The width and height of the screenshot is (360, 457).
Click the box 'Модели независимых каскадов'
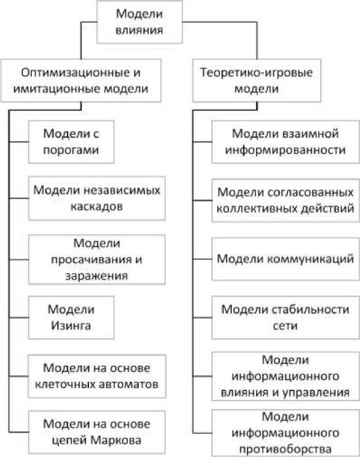click(x=96, y=198)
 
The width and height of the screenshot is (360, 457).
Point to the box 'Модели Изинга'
click(x=71, y=316)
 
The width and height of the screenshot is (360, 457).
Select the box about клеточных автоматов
click(x=96, y=375)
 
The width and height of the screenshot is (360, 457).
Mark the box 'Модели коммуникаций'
click(x=285, y=259)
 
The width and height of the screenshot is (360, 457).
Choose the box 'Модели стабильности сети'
click(x=285, y=316)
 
